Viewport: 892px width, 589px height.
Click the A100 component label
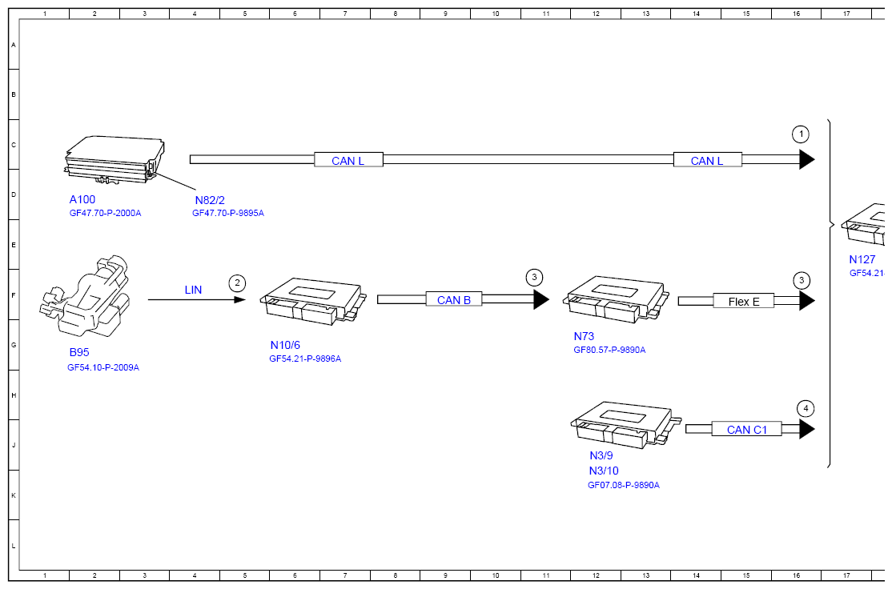point(82,199)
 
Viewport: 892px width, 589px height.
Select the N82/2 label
point(210,200)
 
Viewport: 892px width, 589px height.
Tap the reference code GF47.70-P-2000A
point(105,213)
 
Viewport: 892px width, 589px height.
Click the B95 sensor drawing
point(86,299)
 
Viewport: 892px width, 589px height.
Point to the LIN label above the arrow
point(194,290)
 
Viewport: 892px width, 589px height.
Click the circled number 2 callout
point(237,283)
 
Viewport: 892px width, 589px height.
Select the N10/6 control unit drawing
point(313,302)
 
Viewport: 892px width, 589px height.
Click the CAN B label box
point(454,299)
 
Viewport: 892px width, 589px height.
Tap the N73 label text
point(584,336)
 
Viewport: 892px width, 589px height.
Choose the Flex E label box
point(744,302)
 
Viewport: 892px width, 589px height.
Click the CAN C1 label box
point(747,429)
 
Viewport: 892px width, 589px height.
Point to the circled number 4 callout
point(806,408)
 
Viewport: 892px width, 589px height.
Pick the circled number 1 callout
point(801,134)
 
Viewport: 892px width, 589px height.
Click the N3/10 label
point(604,471)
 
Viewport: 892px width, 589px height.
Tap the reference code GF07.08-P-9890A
point(624,485)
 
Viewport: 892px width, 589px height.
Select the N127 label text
point(862,259)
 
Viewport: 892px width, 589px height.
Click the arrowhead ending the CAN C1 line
point(806,429)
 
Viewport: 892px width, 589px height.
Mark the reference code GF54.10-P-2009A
point(103,367)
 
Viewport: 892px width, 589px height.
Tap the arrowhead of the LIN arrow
point(241,299)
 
